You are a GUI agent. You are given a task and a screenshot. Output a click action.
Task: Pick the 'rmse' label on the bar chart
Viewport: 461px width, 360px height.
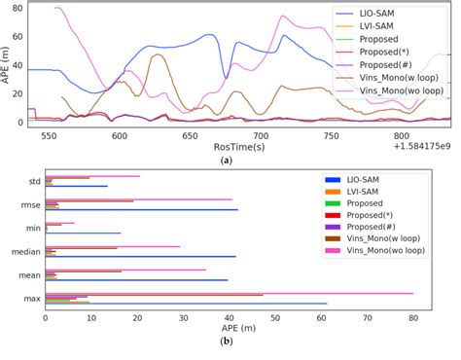(x=29, y=204)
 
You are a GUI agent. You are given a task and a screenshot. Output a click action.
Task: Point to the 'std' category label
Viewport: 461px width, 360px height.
(x=33, y=181)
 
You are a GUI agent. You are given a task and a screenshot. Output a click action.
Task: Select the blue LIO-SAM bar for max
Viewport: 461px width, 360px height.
(x=186, y=305)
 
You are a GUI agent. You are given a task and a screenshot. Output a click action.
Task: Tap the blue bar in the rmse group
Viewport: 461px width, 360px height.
(x=141, y=210)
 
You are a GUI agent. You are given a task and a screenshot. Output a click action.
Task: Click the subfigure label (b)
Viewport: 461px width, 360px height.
(x=227, y=342)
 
